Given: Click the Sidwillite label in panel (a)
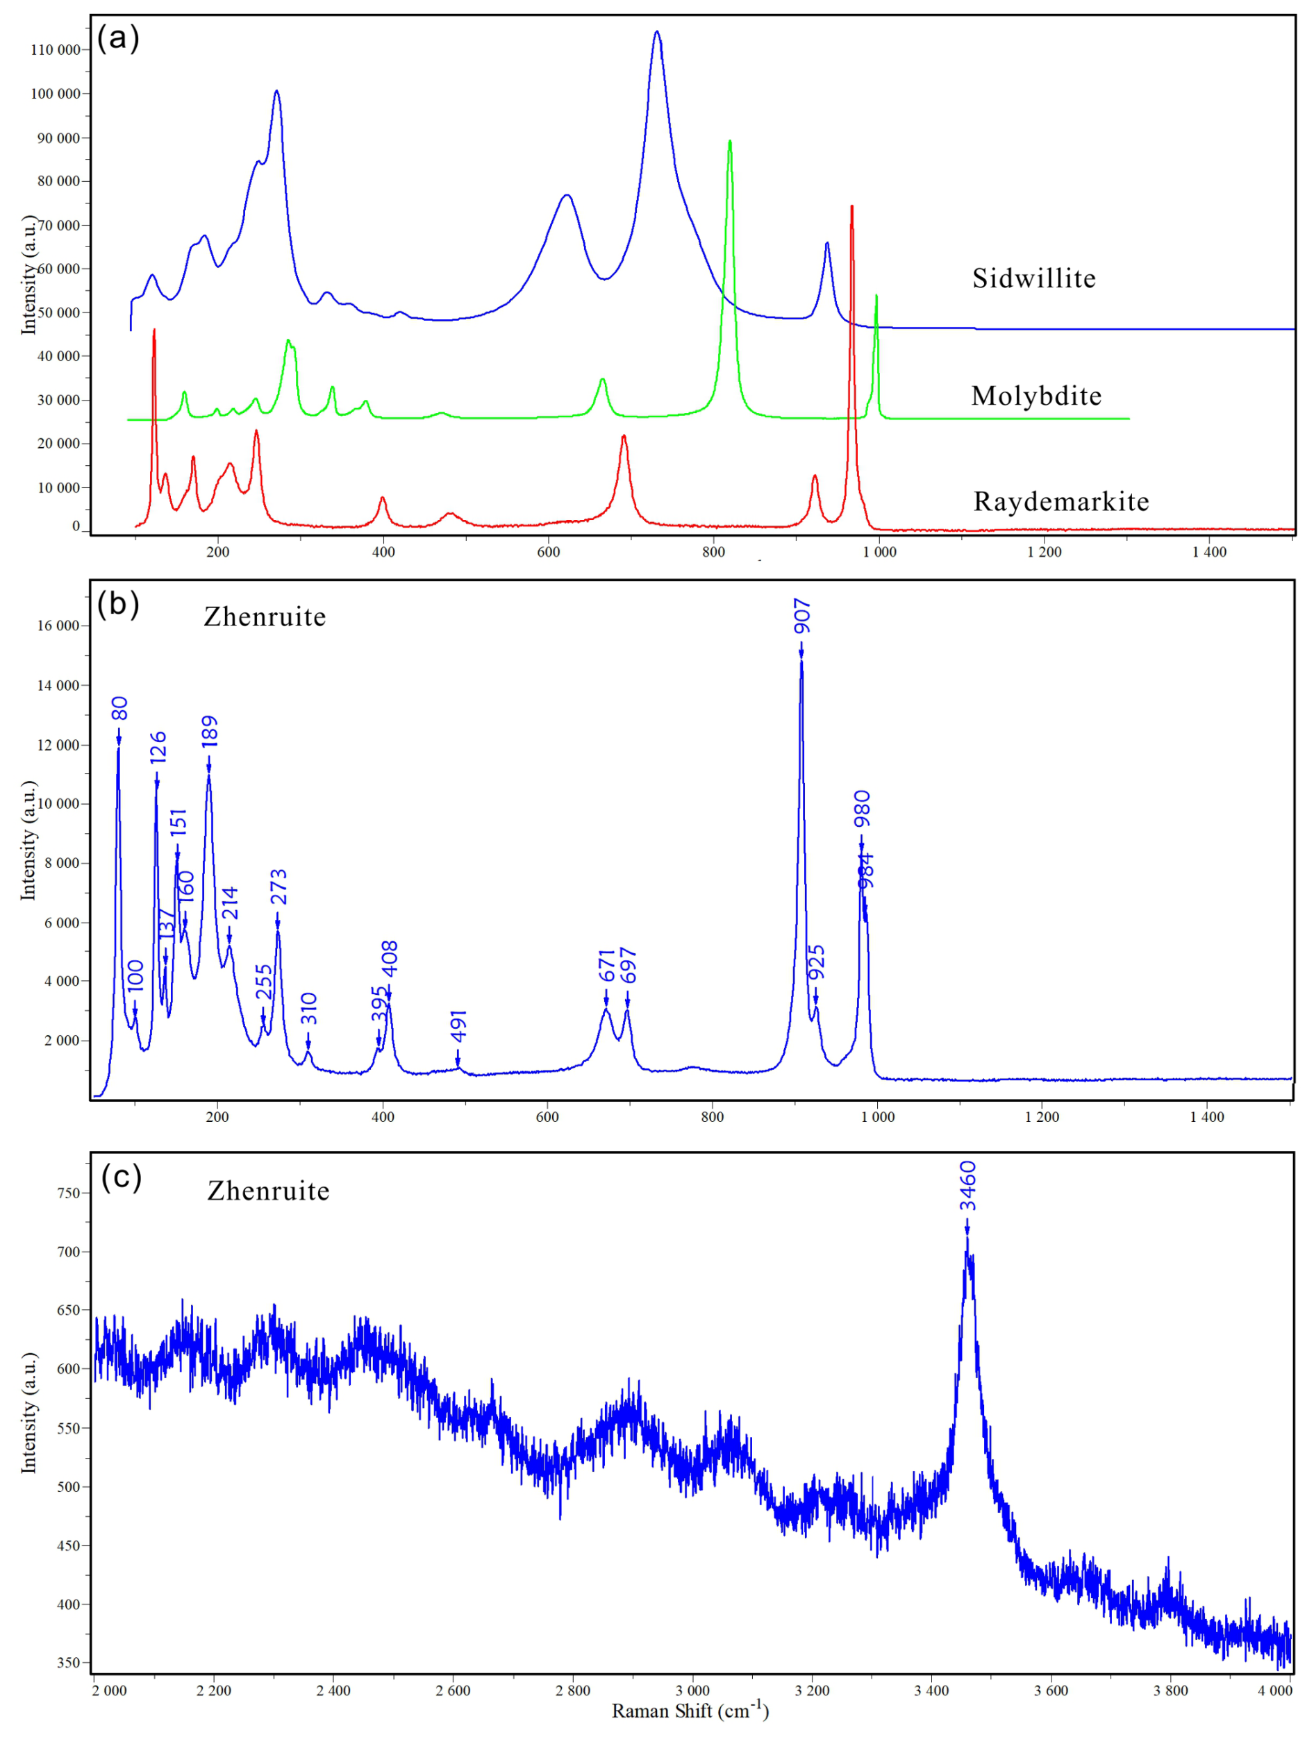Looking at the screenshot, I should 1033,279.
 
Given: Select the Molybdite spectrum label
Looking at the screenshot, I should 1036,396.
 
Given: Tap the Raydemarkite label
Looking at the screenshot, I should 1061,502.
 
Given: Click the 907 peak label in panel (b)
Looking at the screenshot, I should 801,616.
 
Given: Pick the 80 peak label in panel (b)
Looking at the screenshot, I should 119,708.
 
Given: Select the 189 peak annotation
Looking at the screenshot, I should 209,732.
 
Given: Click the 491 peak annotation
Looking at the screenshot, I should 458,1025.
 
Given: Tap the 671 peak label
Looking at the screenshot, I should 606,966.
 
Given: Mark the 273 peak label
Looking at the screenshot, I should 278,887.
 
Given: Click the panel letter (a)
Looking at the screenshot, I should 118,37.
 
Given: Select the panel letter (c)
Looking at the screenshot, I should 121,1177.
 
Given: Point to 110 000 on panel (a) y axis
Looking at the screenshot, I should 55,50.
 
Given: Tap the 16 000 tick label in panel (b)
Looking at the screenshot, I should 58,626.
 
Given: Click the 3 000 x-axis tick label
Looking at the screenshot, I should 692,1690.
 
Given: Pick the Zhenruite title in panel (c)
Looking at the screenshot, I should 268,1191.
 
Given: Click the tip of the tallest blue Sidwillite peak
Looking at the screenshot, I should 656,32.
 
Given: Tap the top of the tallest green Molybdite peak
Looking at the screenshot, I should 730,142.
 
